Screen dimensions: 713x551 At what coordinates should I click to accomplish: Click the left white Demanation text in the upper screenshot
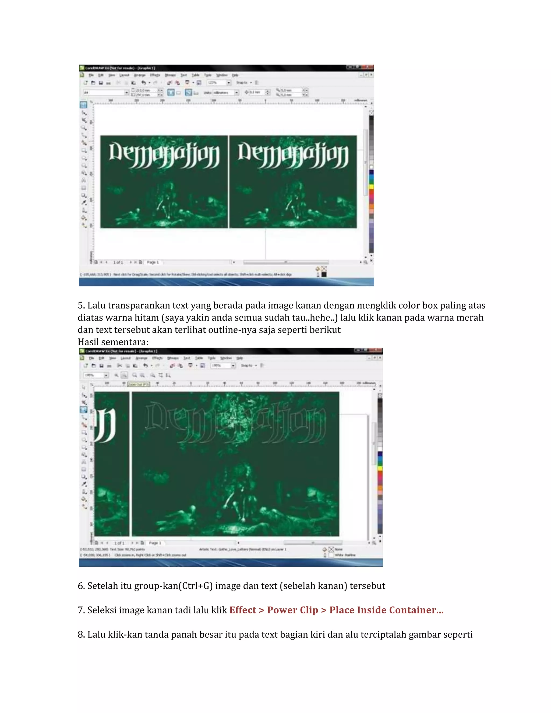164,155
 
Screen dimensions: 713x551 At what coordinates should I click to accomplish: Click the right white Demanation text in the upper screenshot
293,155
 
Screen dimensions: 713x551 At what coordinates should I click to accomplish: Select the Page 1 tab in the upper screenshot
153,262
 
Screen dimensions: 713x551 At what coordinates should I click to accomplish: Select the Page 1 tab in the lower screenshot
155,543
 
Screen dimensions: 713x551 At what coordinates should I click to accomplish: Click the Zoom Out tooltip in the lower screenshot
138,384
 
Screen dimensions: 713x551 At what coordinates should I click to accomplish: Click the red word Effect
242,610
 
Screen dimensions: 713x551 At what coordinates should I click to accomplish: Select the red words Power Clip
292,610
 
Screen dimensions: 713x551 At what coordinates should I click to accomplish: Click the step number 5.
81,306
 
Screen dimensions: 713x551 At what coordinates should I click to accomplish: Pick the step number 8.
81,635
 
